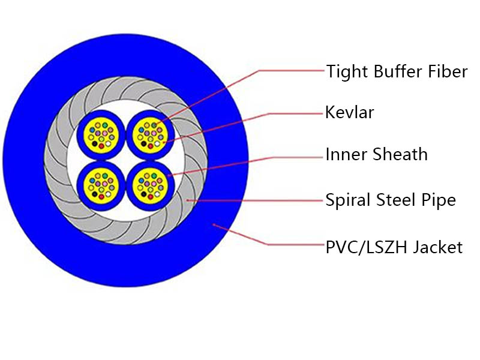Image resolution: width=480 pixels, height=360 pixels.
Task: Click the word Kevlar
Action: tap(349, 112)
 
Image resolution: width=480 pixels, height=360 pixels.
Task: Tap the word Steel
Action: tap(397, 200)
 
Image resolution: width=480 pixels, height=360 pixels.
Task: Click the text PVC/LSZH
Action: tap(367, 247)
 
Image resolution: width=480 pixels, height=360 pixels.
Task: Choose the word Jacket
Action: tap(438, 247)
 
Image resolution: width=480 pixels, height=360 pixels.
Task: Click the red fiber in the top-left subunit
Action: tap(101, 146)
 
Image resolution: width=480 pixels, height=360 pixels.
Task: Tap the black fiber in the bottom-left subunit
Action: tap(95, 194)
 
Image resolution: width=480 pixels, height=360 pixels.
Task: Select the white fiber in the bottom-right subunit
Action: tap(157, 194)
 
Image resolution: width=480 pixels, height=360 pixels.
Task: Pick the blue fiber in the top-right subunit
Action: tap(141, 130)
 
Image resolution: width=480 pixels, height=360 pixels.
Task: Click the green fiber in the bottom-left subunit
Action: tap(105, 176)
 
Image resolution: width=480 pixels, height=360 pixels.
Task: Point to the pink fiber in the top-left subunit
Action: tap(105, 133)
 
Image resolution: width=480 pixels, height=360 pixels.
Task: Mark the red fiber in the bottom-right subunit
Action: tap(151, 197)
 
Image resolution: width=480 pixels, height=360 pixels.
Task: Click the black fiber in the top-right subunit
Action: tap(143, 143)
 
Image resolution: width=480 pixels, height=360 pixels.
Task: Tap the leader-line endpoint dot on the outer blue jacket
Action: tap(214, 225)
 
